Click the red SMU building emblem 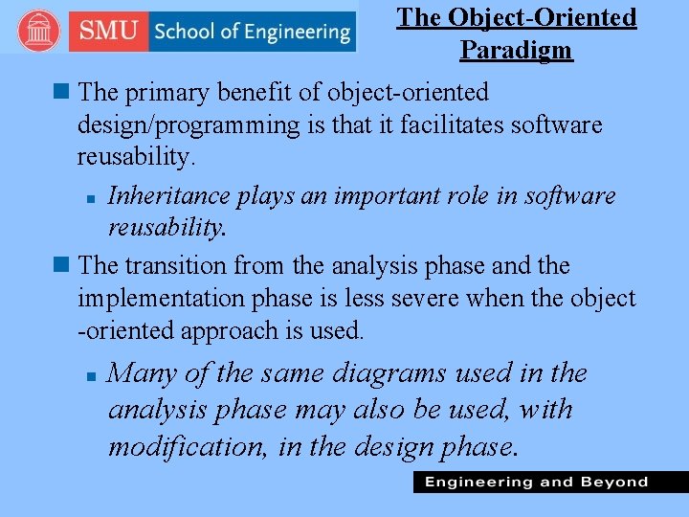click(x=38, y=32)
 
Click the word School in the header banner click(x=187, y=32)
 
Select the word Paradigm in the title click(x=516, y=50)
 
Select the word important click(x=406, y=195)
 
